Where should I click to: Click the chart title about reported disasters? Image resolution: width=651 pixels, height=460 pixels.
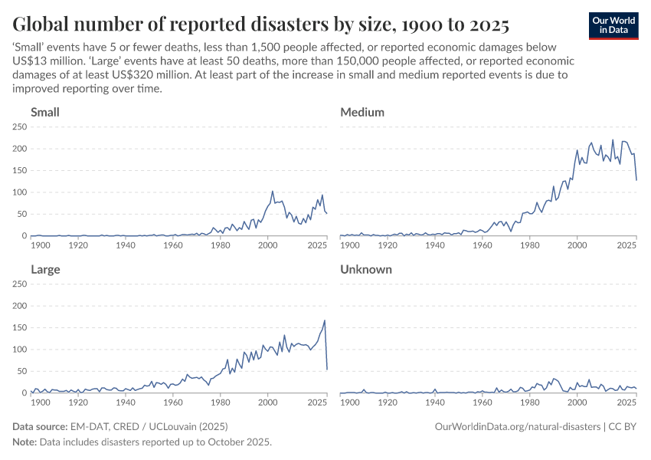260,24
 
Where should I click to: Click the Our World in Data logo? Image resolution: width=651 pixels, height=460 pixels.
613,25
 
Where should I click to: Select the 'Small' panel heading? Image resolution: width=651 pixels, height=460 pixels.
45,113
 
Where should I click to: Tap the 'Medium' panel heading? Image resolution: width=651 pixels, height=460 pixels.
362,113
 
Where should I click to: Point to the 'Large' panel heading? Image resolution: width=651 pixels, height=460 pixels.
45,270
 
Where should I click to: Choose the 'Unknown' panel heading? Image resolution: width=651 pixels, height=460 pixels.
366,270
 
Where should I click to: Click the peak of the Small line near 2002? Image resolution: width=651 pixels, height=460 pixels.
273,192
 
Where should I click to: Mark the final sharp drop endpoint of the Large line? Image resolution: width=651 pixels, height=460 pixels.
327,370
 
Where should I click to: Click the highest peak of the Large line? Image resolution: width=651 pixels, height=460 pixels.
325,320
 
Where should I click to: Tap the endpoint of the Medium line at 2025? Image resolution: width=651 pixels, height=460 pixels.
636,180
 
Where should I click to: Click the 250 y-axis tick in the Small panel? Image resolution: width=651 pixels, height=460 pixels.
20,127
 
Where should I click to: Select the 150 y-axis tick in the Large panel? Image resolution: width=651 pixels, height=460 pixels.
20,327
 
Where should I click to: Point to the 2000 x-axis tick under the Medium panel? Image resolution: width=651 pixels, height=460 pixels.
577,245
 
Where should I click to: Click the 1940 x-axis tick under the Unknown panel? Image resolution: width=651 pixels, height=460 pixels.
436,402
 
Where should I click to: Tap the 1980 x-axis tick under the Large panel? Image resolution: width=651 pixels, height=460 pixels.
221,402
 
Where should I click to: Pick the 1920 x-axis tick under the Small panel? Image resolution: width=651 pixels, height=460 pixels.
78,245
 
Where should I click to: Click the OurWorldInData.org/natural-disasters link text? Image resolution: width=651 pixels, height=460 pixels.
516,426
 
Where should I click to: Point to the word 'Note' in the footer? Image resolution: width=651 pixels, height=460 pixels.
25,442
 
